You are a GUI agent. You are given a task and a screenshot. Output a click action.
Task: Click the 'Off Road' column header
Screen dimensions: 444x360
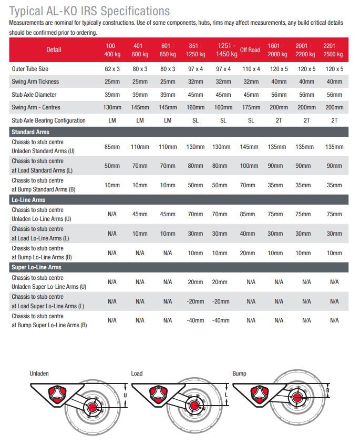pyautogui.click(x=250, y=50)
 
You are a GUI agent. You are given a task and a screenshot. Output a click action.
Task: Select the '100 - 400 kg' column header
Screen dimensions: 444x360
pyautogui.click(x=112, y=50)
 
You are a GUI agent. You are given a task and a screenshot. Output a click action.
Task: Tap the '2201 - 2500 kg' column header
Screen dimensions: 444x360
pyautogui.click(x=334, y=50)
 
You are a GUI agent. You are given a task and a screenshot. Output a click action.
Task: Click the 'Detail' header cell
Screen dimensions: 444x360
pyautogui.click(x=54, y=50)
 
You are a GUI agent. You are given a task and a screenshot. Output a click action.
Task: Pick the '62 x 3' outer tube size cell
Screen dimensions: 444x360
pyautogui.click(x=112, y=69)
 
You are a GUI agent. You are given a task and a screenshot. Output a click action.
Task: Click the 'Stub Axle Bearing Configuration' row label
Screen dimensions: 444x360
pyautogui.click(x=48, y=120)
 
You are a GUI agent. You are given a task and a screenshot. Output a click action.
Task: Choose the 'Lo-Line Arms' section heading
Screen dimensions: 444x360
pyautogui.click(x=28, y=200)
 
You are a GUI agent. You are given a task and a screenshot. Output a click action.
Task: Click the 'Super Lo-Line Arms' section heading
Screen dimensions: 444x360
pyautogui.click(x=36, y=267)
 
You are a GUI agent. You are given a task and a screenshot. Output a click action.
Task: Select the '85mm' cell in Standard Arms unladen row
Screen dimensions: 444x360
pyautogui.click(x=112, y=147)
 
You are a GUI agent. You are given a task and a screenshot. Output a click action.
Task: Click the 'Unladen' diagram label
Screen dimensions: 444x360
pyautogui.click(x=39, y=374)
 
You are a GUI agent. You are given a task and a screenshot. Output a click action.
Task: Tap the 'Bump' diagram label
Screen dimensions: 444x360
pyautogui.click(x=240, y=374)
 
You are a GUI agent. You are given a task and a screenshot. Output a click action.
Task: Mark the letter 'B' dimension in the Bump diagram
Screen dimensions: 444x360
pyautogui.click(x=327, y=390)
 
